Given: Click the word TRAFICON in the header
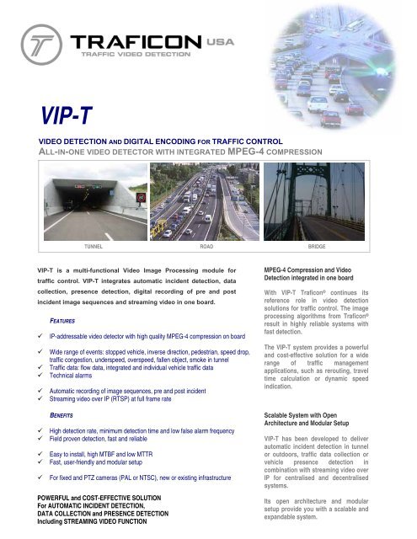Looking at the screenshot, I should click(x=140, y=42).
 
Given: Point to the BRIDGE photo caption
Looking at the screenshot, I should click(x=318, y=249).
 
